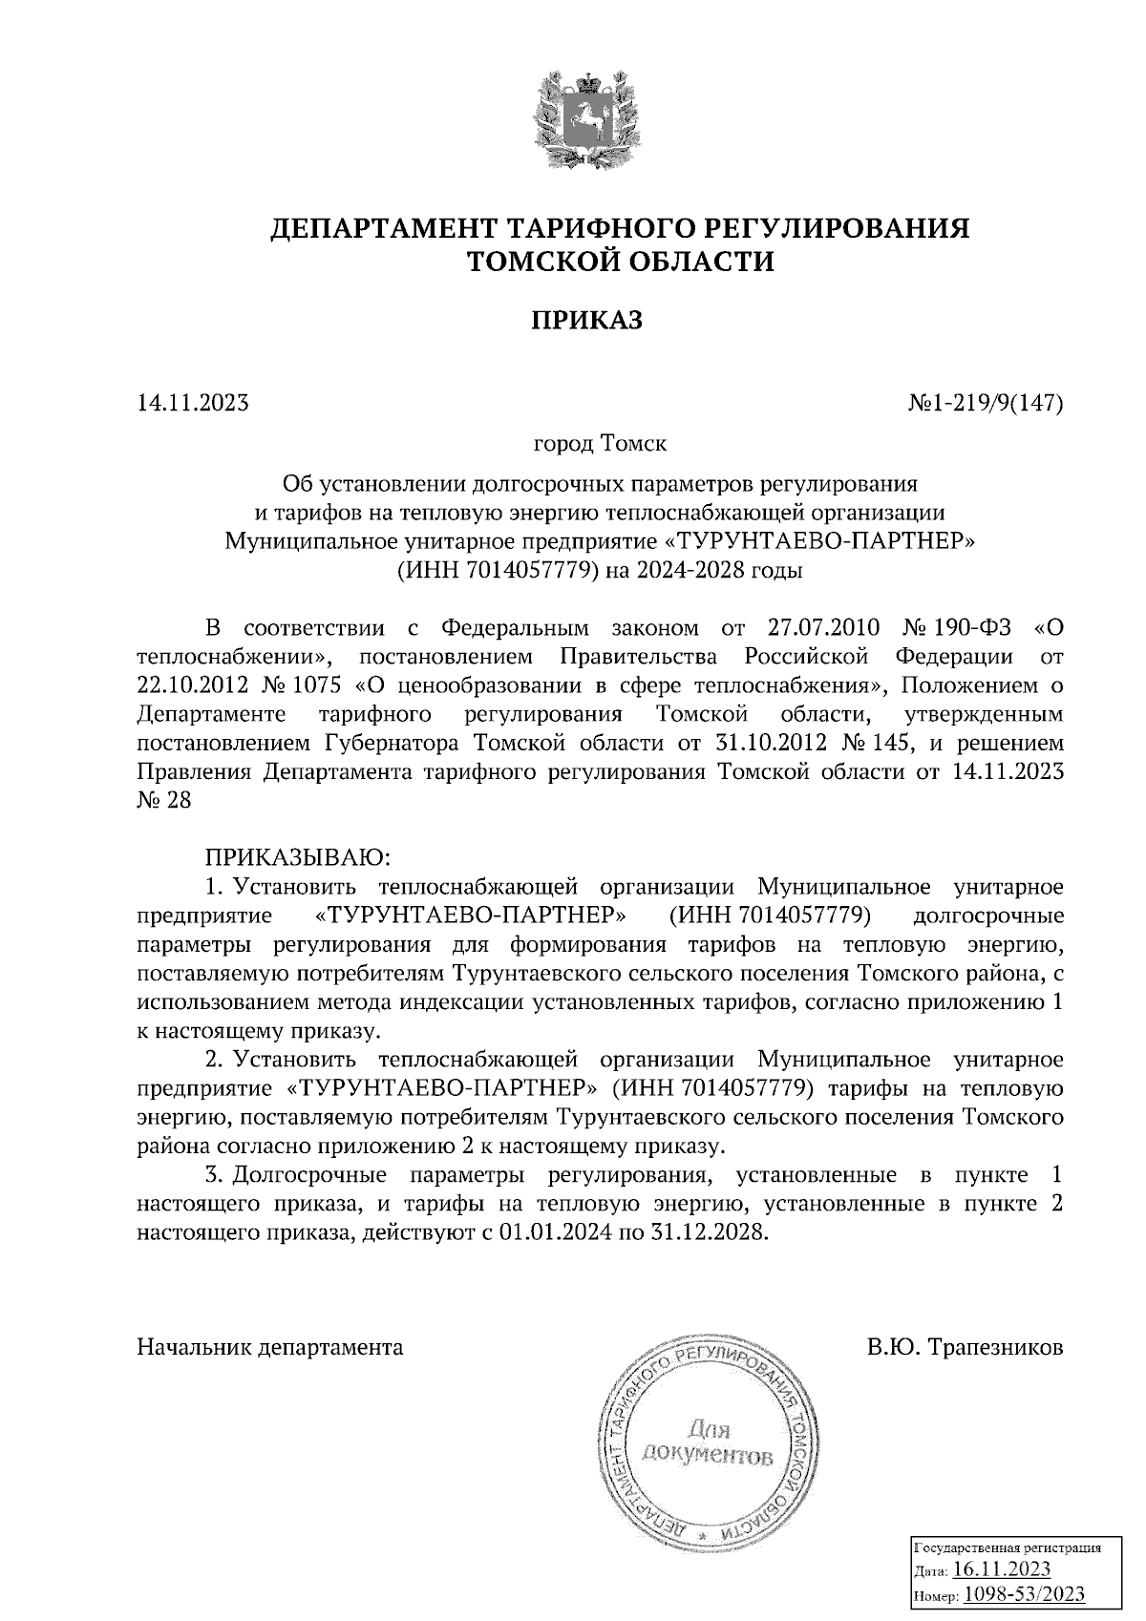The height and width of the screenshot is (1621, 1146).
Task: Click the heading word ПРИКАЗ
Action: (x=586, y=321)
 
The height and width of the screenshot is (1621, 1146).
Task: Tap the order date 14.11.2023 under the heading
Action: (x=193, y=403)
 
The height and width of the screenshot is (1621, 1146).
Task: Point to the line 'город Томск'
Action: (x=600, y=445)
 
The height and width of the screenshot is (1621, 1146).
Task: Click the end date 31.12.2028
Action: (x=711, y=1232)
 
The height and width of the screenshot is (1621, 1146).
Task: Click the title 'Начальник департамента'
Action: (x=270, y=1348)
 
